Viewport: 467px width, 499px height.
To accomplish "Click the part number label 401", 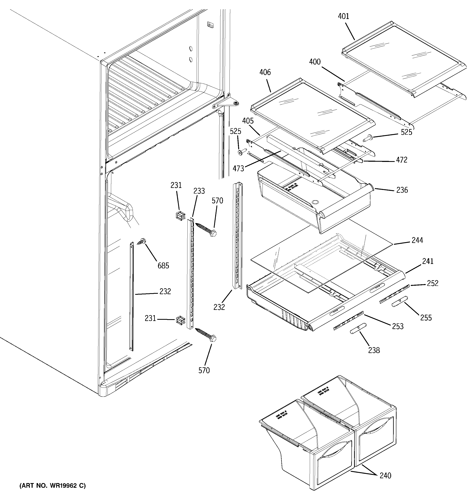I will point(343,16).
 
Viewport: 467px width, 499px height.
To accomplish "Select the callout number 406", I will point(265,72).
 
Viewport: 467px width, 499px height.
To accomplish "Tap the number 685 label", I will point(163,265).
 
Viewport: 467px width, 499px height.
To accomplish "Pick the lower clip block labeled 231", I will point(180,320).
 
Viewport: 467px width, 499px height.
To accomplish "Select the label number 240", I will point(385,475).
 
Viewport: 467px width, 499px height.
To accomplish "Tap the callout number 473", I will point(238,168).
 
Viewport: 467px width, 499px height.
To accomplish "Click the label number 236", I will point(402,190).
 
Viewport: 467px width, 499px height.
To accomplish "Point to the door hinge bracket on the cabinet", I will point(226,103).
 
